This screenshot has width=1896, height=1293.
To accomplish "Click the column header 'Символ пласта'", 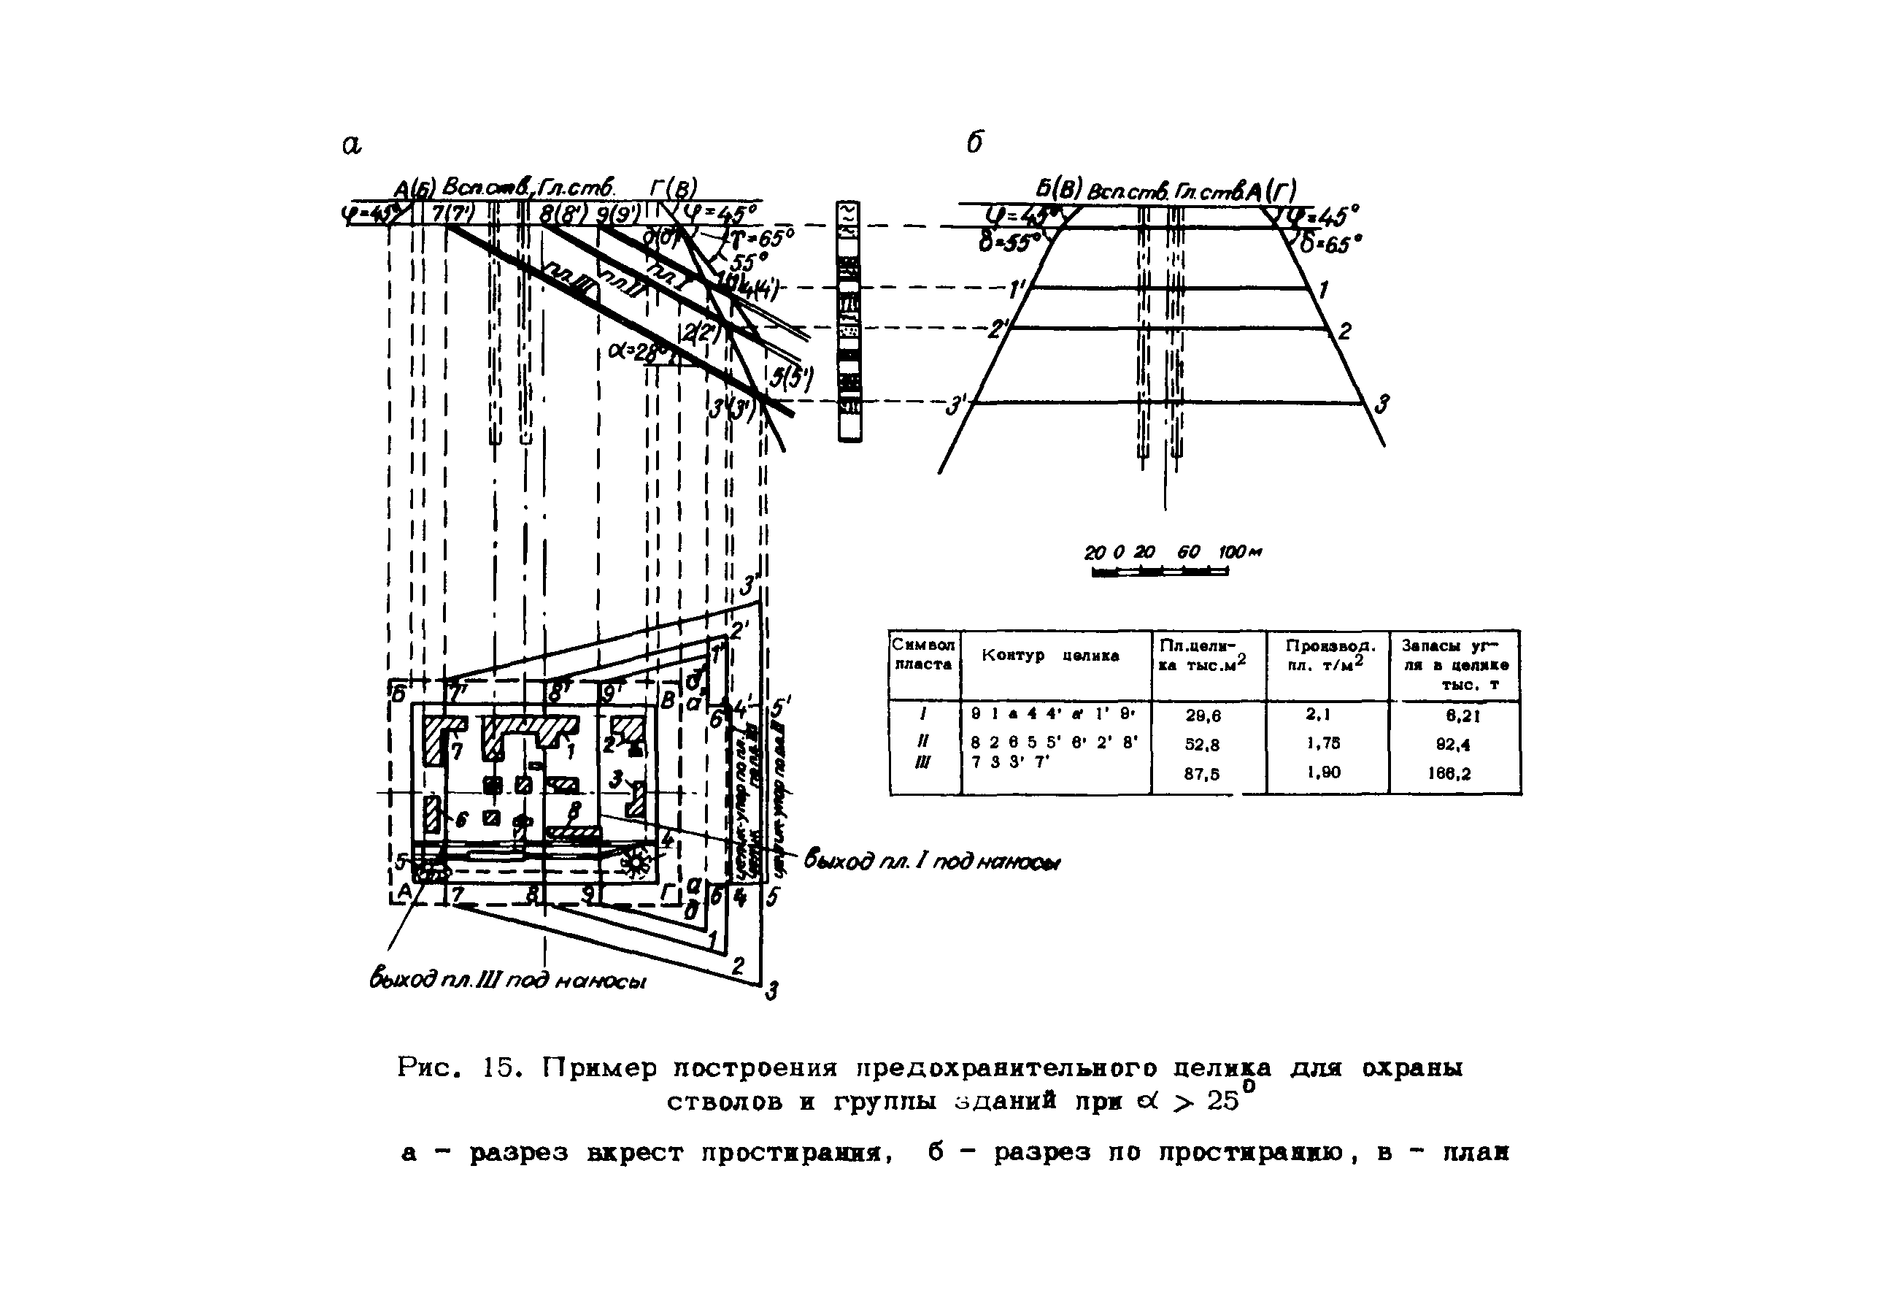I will point(922,655).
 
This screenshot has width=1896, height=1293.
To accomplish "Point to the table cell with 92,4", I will point(1453,745).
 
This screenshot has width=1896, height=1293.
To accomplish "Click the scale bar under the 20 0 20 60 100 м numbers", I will point(1160,572).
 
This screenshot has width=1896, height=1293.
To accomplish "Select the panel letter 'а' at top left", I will point(351,145).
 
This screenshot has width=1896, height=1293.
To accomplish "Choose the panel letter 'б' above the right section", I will point(974,143).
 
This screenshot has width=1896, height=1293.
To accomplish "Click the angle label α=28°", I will point(639,352).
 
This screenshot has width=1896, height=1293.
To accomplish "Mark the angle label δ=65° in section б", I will point(1329,243).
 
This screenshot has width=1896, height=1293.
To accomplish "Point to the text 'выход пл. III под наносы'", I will point(507,980).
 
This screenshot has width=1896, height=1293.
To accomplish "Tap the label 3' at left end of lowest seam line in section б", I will point(955,405).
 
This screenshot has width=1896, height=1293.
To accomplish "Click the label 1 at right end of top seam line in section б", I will point(1323,290).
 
